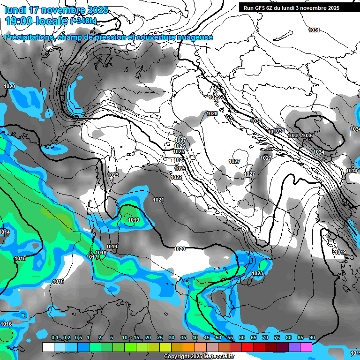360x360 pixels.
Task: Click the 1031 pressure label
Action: pyautogui.click(x=314, y=30)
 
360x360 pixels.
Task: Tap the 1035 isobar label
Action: pyautogui.click(x=307, y=135)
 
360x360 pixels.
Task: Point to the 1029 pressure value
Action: pyautogui.click(x=214, y=97)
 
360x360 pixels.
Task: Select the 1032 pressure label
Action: pyautogui.click(x=279, y=131)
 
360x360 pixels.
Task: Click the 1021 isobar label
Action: pyautogui.click(x=158, y=200)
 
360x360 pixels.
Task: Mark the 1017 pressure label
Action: pyautogui.click(x=92, y=257)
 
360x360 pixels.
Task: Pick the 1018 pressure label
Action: pyautogui.click(x=101, y=253)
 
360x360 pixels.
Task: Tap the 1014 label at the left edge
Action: pyautogui.click(x=5, y=232)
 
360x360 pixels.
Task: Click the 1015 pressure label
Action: pyautogui.click(x=20, y=258)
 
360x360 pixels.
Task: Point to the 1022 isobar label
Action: pyautogui.click(x=177, y=177)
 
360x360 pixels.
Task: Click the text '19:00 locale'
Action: pyautogui.click(x=36, y=21)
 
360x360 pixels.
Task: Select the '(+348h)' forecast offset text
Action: pyautogui.click(x=83, y=21)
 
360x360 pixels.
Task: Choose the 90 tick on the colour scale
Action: pyautogui.click(x=312, y=337)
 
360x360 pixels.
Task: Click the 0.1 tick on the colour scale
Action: pyautogui.click(x=55, y=337)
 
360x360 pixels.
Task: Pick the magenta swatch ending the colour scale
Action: pyautogui.click(x=306, y=347)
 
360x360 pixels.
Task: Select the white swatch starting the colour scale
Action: pyautogui.click(x=48, y=347)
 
